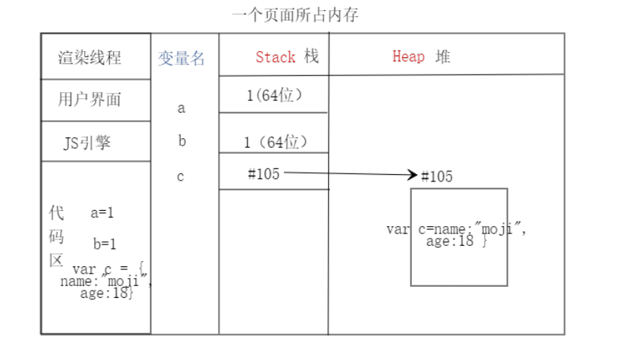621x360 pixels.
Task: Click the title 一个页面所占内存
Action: [x=295, y=15]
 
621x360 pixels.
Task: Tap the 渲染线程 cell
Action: [x=90, y=58]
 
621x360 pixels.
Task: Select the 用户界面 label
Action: [x=89, y=100]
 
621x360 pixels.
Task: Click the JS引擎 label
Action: [x=87, y=143]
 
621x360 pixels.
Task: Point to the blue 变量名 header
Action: [x=181, y=59]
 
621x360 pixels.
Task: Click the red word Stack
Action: [x=276, y=57]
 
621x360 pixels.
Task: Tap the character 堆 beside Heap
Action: [x=443, y=56]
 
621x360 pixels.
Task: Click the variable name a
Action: [x=181, y=108]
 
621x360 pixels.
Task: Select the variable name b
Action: [x=181, y=141]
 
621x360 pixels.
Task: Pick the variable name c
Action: [x=181, y=176]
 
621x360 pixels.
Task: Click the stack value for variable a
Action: [x=274, y=95]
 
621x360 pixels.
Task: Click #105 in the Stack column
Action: [x=263, y=173]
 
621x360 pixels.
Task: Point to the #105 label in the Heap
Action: [x=437, y=176]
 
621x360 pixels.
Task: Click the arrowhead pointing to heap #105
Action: [x=413, y=175]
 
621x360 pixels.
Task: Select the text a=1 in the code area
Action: [x=102, y=213]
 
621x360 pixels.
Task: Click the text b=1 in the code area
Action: [x=105, y=244]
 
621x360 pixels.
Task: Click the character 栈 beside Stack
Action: [x=312, y=56]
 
